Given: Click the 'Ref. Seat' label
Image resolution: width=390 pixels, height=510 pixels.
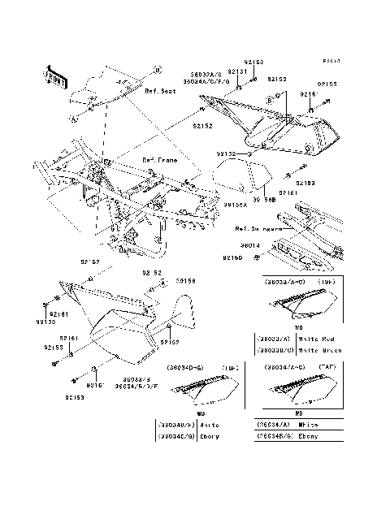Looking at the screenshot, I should (161, 92).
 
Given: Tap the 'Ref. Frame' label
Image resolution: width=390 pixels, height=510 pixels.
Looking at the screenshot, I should (159, 159).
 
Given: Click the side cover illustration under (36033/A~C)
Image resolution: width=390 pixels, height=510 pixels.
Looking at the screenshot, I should (297, 308).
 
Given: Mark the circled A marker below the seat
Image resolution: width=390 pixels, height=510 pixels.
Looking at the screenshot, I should (73, 119).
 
